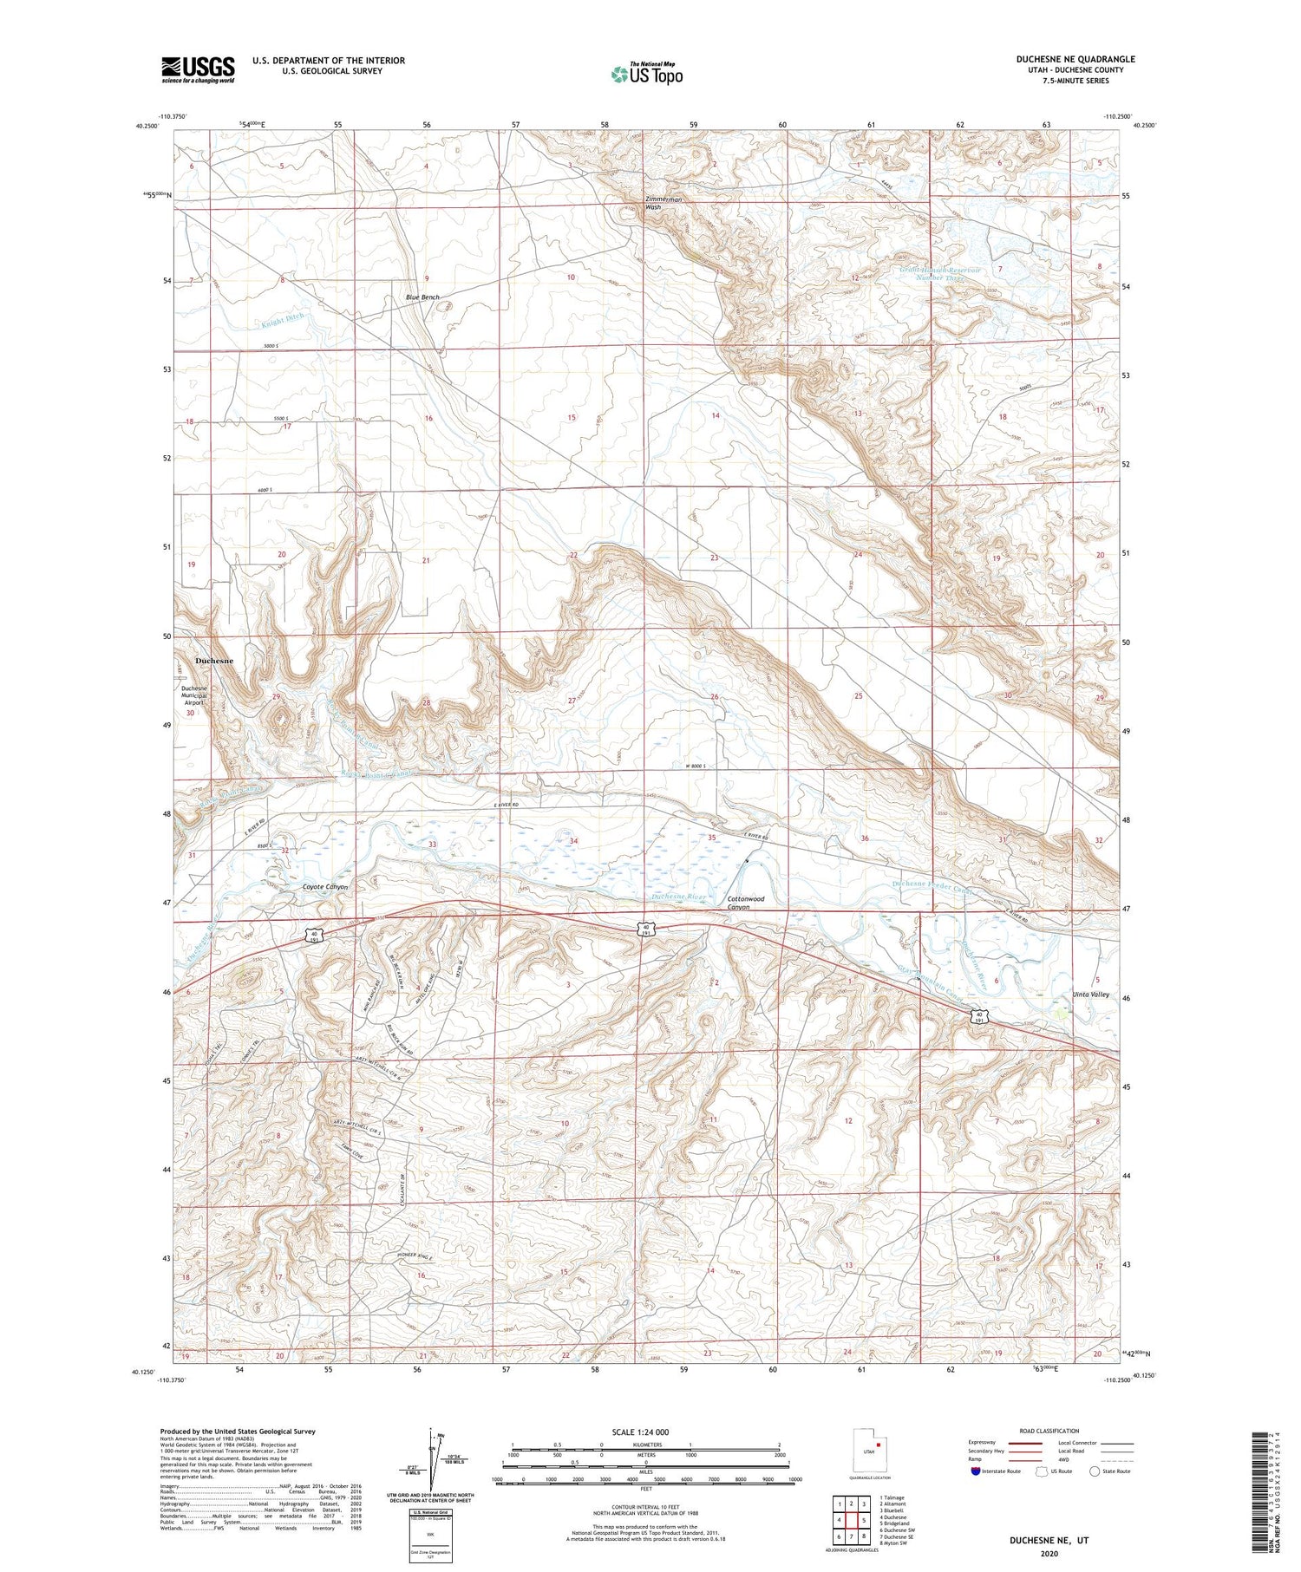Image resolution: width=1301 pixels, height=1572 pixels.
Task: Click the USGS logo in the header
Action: click(198, 69)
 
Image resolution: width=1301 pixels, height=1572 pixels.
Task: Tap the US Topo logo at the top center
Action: click(646, 74)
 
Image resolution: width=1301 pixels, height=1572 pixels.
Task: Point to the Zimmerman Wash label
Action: click(664, 203)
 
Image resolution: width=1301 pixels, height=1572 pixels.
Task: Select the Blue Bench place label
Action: click(422, 297)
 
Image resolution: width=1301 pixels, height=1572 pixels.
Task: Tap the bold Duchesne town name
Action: click(214, 661)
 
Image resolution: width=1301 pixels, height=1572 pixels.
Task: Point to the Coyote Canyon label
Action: click(324, 888)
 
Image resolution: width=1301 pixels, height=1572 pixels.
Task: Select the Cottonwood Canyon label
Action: click(745, 903)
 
